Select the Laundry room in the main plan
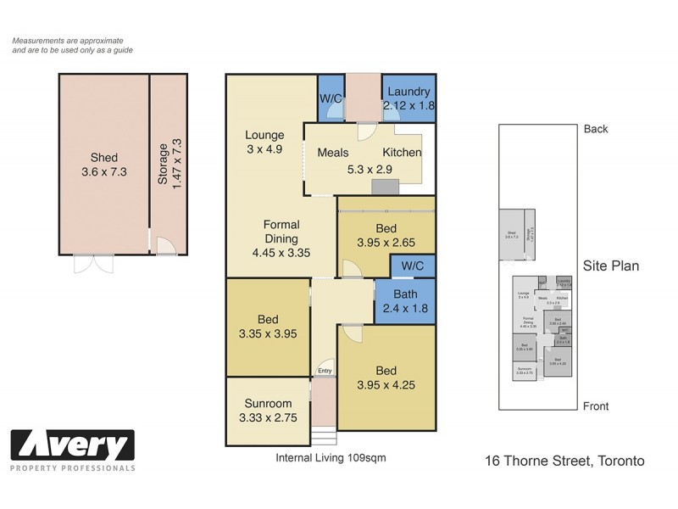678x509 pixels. coord(408,99)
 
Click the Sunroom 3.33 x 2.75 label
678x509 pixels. coord(268,411)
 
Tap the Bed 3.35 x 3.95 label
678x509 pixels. coord(268,327)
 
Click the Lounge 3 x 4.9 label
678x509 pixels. coord(264,143)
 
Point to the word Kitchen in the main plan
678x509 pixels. coord(402,153)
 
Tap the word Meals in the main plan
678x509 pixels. coord(334,153)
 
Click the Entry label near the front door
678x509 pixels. coord(324,371)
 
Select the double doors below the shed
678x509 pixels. coord(92,263)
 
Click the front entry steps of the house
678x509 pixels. coord(324,436)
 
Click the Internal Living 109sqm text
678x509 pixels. coord(331,457)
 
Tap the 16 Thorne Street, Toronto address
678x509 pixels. coord(564,461)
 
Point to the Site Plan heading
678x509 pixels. coord(610,266)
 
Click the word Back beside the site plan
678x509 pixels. coord(596,129)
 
